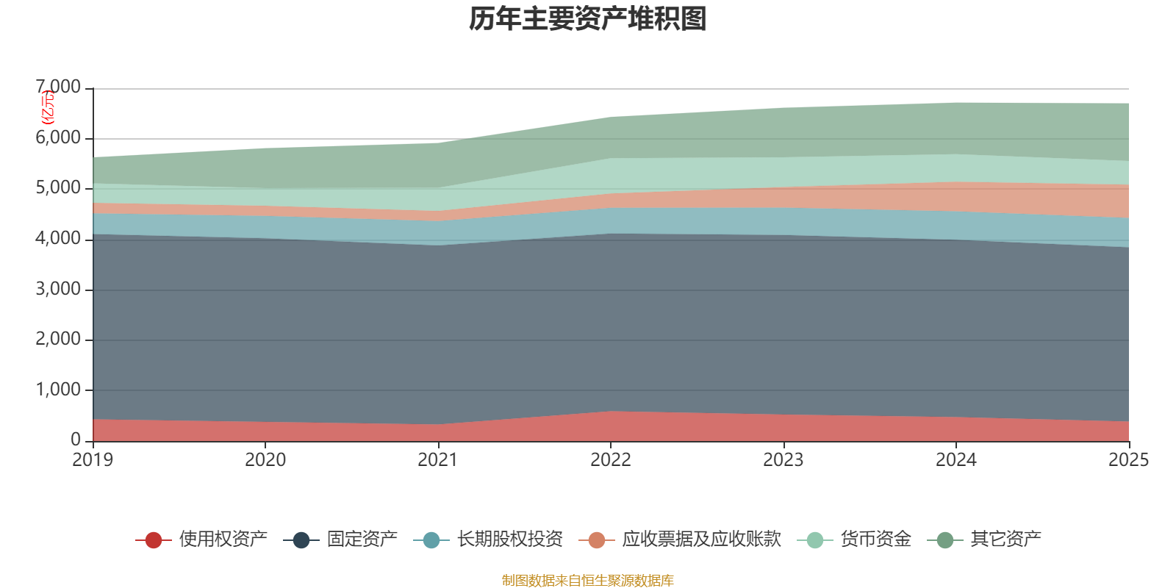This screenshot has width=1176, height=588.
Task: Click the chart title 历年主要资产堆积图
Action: (588, 20)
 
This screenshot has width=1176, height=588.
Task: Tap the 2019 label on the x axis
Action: (93, 460)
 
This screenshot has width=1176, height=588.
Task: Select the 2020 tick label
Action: (265, 460)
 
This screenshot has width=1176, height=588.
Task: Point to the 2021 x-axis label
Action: (438, 460)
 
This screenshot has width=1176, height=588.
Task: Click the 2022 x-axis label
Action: (611, 460)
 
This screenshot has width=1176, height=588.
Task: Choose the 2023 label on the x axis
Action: (784, 460)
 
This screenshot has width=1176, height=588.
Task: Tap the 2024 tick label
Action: (955, 460)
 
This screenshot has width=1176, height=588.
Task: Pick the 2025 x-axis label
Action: (1127, 460)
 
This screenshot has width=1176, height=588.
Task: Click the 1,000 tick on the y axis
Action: (59, 390)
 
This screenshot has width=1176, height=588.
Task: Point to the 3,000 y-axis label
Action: (59, 290)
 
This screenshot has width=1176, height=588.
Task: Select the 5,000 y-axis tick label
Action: (59, 189)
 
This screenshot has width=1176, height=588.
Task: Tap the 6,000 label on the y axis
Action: (59, 138)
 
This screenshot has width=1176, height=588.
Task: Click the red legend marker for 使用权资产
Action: (154, 540)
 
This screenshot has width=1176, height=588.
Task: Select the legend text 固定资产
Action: (362, 540)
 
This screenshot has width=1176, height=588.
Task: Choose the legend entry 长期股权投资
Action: (509, 540)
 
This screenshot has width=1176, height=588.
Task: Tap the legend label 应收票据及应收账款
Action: (701, 540)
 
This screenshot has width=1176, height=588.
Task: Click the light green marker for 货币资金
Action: (814, 540)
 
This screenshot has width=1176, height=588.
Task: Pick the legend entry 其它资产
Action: (1005, 540)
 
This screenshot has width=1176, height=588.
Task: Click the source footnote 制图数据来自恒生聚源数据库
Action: (588, 581)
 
